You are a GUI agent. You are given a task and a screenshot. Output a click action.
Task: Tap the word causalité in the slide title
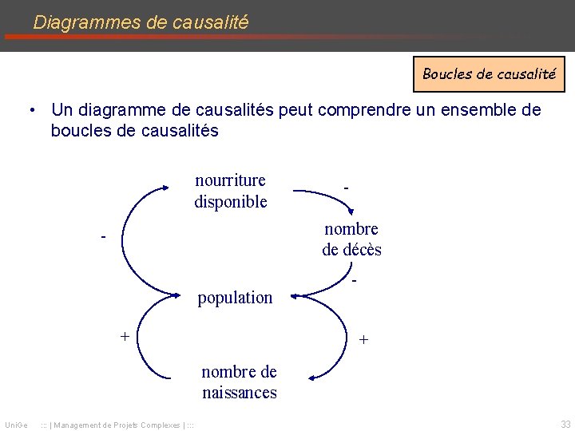point(210,22)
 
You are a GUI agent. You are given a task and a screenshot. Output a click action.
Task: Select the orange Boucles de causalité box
point(489,74)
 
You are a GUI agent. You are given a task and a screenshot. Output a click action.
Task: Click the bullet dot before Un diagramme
point(31,110)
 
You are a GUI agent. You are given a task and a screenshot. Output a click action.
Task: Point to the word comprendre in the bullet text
point(367,109)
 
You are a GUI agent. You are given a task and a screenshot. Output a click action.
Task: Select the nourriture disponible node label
point(231,191)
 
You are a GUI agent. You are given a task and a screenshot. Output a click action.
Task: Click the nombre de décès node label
point(351,239)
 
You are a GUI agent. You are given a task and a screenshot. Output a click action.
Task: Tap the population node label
point(235,298)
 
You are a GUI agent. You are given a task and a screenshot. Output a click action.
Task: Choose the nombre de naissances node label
point(239,382)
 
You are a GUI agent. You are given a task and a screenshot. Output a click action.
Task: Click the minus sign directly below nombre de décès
point(354,282)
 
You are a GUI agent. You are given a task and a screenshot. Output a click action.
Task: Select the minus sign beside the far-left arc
point(103,237)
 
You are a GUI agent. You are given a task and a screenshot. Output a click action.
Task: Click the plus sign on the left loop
point(125,335)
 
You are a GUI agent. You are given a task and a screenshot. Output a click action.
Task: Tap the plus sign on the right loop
point(363,339)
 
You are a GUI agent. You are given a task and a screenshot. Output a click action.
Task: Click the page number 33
point(565,423)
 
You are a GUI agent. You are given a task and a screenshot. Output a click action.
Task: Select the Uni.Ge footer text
point(17,423)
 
